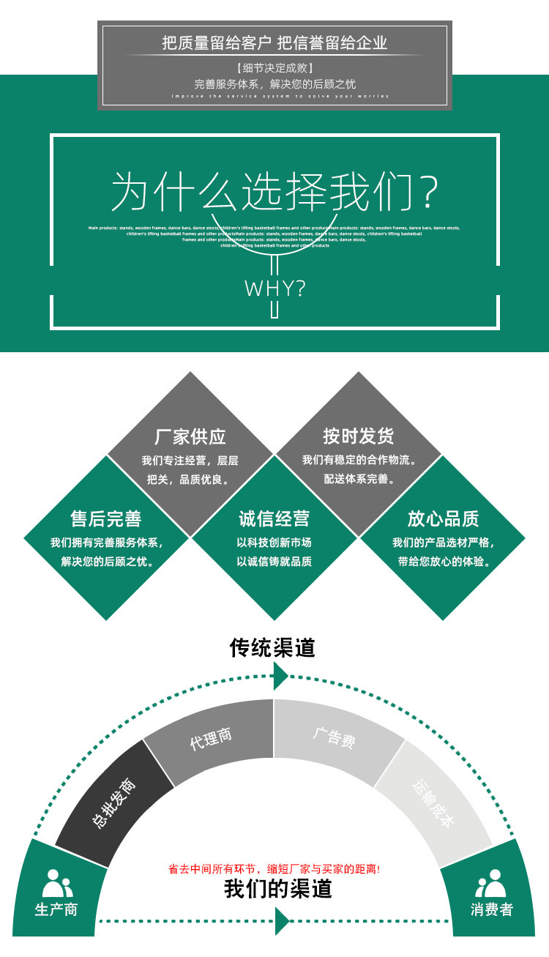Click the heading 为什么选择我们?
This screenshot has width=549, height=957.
pyautogui.click(x=274, y=192)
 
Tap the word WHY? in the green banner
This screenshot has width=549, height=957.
pyautogui.click(x=274, y=288)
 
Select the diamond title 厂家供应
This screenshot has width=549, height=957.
pyautogui.click(x=190, y=437)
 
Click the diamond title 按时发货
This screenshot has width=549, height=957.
pyautogui.click(x=359, y=437)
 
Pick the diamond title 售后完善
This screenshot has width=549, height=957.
pyautogui.click(x=106, y=519)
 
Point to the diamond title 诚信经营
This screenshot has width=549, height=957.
pyautogui.click(x=274, y=519)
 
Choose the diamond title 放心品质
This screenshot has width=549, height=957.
pyautogui.click(x=443, y=519)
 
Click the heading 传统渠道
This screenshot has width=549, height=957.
pyautogui.click(x=272, y=647)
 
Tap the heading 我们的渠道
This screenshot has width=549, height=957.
pyautogui.click(x=278, y=889)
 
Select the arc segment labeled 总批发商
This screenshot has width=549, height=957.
pyautogui.click(x=113, y=803)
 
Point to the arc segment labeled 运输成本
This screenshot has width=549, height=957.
pyautogui.click(x=434, y=803)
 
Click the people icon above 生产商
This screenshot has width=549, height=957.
pyautogui.click(x=57, y=884)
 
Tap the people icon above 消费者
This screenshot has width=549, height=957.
pyautogui.click(x=491, y=884)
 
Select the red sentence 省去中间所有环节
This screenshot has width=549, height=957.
pyautogui.click(x=274, y=869)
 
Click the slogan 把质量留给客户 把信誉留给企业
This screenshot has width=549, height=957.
pyautogui.click(x=274, y=43)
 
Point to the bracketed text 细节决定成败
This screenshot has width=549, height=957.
pyautogui.click(x=274, y=69)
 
